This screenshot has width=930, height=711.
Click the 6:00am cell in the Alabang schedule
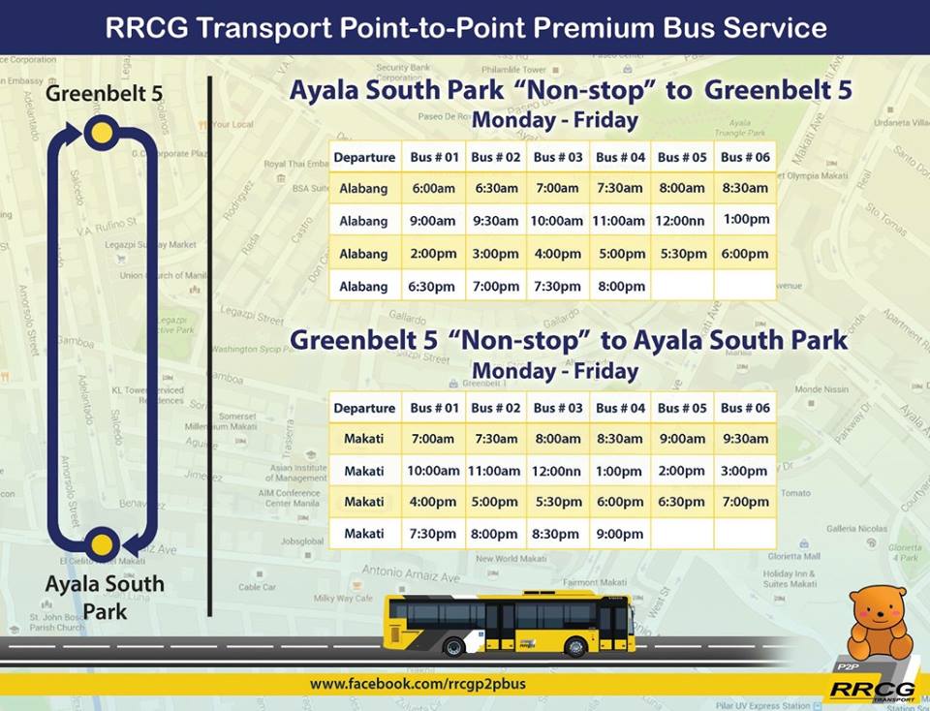coord(432,188)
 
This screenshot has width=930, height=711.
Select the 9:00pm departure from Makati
coord(619,534)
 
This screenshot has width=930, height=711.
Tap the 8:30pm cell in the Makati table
coord(557,534)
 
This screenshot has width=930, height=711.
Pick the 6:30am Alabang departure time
coord(495,188)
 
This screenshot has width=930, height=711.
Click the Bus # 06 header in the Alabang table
coord(745,157)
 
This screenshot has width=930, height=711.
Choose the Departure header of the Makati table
coord(364,408)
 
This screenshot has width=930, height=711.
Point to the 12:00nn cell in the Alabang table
coord(681,221)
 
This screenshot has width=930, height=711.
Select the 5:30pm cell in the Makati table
coord(557,502)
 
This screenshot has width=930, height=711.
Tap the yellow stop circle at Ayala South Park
coord(101,542)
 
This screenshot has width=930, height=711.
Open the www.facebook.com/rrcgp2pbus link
coord(418,684)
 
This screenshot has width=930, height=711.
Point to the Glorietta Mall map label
coord(795,556)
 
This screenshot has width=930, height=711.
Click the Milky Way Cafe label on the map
coord(351,599)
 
